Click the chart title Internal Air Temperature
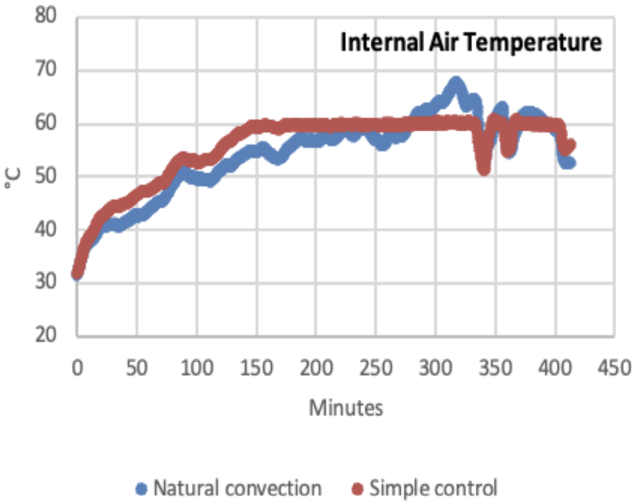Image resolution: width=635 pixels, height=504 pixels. click(x=472, y=43)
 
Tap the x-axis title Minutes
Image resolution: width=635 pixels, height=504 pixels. click(x=346, y=407)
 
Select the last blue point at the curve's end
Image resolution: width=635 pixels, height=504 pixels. click(x=570, y=163)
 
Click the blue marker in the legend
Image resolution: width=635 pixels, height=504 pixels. click(x=141, y=488)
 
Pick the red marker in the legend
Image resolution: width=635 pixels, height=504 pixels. click(x=359, y=488)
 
